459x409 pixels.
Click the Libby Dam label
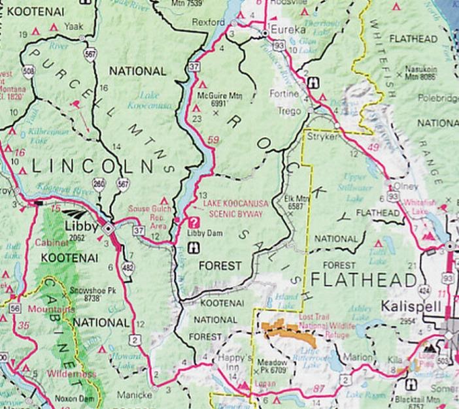pos(201,233)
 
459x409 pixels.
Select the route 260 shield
pos(99,184)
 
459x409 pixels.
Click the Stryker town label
pos(321,139)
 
